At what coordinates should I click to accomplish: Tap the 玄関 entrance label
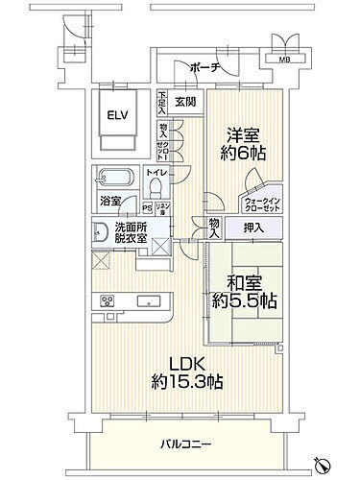click(x=185, y=102)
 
